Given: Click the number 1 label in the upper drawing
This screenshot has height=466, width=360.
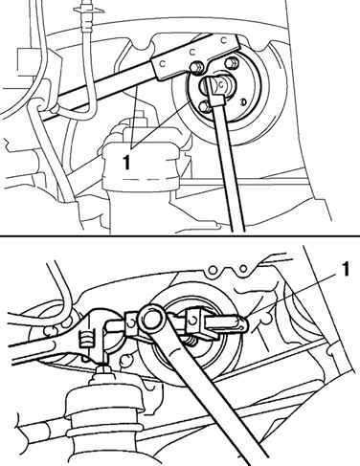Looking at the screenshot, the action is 127,161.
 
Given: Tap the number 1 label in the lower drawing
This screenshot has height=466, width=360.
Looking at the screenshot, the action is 345,270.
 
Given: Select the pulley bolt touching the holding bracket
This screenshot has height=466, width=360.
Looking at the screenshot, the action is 195,68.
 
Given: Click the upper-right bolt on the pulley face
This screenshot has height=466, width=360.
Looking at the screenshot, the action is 231,62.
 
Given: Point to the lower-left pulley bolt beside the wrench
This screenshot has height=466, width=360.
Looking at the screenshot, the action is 203,107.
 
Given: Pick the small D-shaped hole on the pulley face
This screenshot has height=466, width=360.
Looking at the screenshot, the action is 243,102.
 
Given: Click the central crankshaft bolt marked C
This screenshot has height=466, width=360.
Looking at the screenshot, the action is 221,84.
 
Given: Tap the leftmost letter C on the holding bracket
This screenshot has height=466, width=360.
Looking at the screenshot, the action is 163,64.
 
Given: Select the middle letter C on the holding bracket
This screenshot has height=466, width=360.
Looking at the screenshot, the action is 192,51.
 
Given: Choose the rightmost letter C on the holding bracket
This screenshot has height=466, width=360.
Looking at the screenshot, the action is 224,39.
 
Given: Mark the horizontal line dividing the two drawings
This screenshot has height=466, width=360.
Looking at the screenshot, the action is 180,236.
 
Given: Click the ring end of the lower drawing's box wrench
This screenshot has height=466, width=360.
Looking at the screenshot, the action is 150,320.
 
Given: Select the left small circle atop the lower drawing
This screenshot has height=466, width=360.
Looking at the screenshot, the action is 213,271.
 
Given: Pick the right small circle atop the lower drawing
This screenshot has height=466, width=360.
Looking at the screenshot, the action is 243,269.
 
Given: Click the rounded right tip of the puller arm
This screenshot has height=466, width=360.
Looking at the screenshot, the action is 243,324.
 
